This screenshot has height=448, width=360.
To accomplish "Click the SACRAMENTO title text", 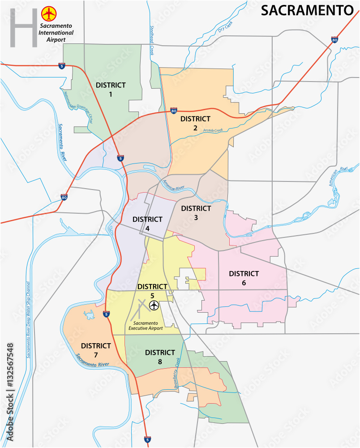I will [307, 11].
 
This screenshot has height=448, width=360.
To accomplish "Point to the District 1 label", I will [111, 89].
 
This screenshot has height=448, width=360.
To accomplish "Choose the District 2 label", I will [195, 123].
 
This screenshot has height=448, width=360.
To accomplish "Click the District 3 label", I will [196, 213].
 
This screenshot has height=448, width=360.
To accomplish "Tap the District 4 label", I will [147, 224].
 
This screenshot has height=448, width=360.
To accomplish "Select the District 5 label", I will [152, 291].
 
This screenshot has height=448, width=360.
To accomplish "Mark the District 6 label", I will [244, 278].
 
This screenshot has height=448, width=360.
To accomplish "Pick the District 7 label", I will [96, 350].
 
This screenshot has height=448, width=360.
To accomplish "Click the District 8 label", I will [160, 357].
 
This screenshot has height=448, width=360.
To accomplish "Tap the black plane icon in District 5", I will [154, 306].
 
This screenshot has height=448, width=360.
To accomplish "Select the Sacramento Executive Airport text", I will [146, 325].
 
